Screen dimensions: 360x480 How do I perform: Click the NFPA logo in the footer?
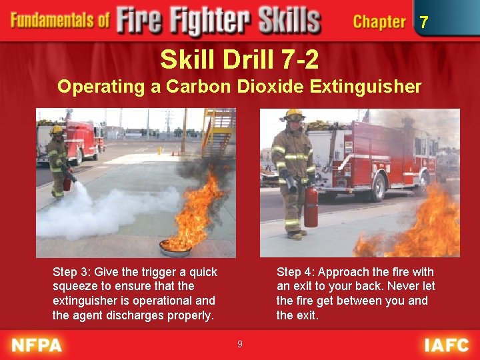click(x=37, y=345)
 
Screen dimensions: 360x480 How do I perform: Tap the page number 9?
click(x=239, y=344)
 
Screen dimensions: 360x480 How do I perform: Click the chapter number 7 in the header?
click(x=423, y=23)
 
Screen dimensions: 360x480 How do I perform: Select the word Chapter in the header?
click(x=379, y=21)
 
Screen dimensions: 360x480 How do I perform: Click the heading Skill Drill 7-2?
click(x=239, y=61)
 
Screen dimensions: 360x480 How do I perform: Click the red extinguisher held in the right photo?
click(x=311, y=206)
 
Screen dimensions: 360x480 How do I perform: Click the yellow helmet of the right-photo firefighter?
click(x=293, y=115)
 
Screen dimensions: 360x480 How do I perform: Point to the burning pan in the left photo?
click(x=175, y=248)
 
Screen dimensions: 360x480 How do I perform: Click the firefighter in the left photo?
click(x=58, y=160)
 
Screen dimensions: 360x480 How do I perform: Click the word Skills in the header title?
click(x=287, y=20)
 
